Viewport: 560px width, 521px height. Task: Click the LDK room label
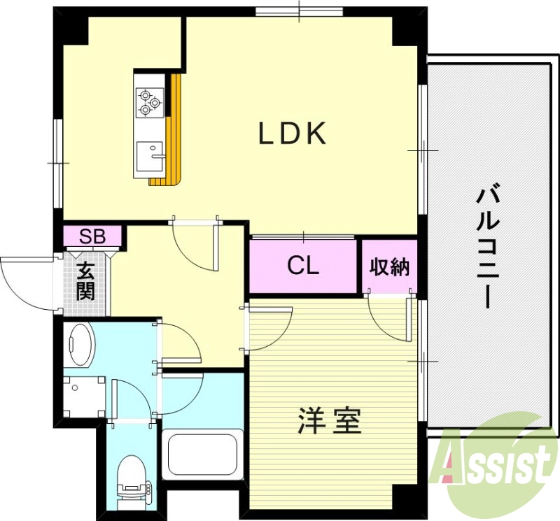coord(293,134)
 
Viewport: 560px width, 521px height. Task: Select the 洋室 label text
coord(329,420)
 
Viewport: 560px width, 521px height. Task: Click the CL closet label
coord(304,265)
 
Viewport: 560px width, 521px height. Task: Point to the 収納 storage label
coord(390,267)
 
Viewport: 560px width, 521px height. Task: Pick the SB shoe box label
coord(92,236)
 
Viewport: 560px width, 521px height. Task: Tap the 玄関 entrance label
coord(85,280)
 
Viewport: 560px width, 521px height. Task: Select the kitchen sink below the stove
coord(148,155)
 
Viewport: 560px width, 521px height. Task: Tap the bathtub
coord(202,456)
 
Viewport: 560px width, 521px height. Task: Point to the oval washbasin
coord(81,344)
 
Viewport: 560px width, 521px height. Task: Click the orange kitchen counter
coord(174,133)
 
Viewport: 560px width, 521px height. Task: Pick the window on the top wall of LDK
coord(299,11)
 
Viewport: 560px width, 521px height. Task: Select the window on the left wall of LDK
coord(59,162)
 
